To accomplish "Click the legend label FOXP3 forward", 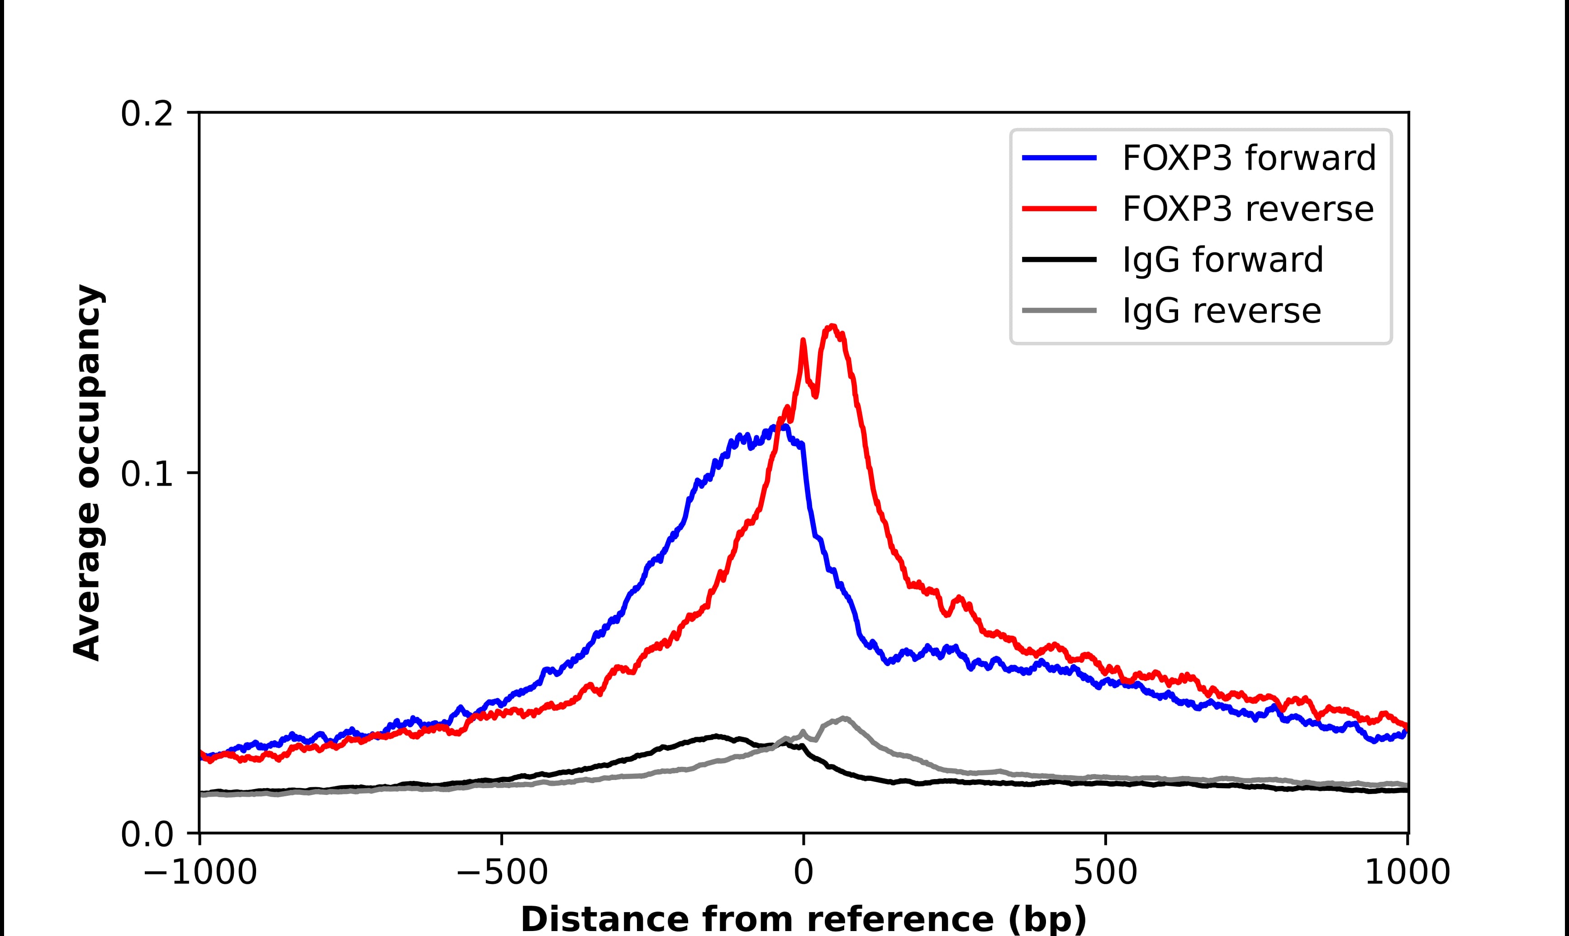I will click(x=1249, y=158).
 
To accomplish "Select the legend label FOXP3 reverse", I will click(x=1247, y=209).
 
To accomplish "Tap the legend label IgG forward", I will click(x=1222, y=260).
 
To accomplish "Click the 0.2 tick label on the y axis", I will click(x=147, y=114).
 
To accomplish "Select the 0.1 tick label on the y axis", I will click(x=147, y=474).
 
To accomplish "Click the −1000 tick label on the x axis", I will click(x=200, y=874).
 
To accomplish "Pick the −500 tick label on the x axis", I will click(x=502, y=874).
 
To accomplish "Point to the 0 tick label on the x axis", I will click(x=804, y=874).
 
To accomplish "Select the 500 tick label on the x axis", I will click(x=1105, y=874).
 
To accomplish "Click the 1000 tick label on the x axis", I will click(x=1407, y=874).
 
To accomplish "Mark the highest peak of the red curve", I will click(x=833, y=326).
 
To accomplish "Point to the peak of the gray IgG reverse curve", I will click(x=843, y=719).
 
